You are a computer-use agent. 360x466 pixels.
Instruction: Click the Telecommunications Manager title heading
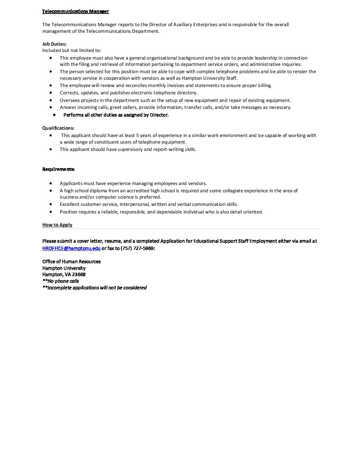pyautogui.click(x=75, y=12)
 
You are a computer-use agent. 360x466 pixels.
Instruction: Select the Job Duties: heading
pyautogui.click(x=54, y=44)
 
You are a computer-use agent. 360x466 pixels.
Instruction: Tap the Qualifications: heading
pyautogui.click(x=58, y=128)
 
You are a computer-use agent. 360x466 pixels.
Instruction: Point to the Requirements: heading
pyautogui.click(x=58, y=169)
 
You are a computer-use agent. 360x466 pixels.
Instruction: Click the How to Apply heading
pyautogui.click(x=57, y=225)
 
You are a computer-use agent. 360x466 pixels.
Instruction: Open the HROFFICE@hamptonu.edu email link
pyautogui.click(x=71, y=248)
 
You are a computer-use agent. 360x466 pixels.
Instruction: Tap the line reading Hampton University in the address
pyautogui.click(x=64, y=268)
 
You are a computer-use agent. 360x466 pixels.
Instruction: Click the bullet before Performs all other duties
pyautogui.click(x=54, y=115)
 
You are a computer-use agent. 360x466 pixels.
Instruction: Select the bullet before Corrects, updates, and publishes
pyautogui.click(x=51, y=93)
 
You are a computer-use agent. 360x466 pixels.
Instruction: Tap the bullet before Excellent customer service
pyautogui.click(x=51, y=204)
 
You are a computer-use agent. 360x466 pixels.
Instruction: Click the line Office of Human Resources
pyautogui.click(x=71, y=261)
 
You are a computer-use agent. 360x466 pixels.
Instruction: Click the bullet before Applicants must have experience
pyautogui.click(x=51, y=183)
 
